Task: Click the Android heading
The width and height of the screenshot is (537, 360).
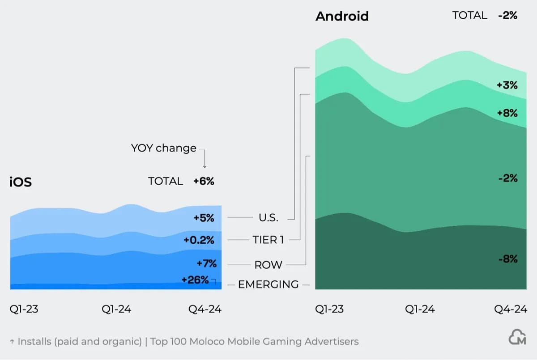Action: (x=342, y=16)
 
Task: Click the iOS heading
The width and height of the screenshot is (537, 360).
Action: (x=21, y=182)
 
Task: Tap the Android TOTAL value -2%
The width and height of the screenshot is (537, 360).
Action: (x=507, y=15)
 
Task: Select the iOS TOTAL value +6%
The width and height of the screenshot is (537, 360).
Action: (x=204, y=181)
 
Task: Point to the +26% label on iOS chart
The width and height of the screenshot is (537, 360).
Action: (x=195, y=280)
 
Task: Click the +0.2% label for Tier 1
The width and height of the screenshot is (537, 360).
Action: (x=199, y=240)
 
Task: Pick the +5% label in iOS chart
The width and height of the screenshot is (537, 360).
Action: (x=204, y=218)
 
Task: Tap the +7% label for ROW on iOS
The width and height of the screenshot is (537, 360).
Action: (x=206, y=263)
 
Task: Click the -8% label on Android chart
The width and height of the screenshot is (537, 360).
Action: (x=507, y=259)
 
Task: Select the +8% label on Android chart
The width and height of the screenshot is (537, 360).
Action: (x=507, y=113)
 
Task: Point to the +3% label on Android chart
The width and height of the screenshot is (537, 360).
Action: (x=507, y=85)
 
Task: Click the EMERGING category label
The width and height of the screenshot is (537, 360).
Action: (x=268, y=284)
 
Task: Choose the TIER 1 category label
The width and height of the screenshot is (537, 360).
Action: (x=268, y=240)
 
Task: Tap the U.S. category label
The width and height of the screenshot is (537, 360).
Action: (x=268, y=218)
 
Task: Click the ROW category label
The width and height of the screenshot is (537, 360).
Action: (x=268, y=265)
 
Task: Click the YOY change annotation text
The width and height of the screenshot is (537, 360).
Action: (x=163, y=148)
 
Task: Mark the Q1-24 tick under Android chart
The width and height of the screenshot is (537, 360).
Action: (x=420, y=309)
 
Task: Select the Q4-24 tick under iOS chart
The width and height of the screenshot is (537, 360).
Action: (x=205, y=309)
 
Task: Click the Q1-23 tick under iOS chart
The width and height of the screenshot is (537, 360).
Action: (x=24, y=309)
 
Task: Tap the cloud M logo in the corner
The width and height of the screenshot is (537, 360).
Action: (x=517, y=338)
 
